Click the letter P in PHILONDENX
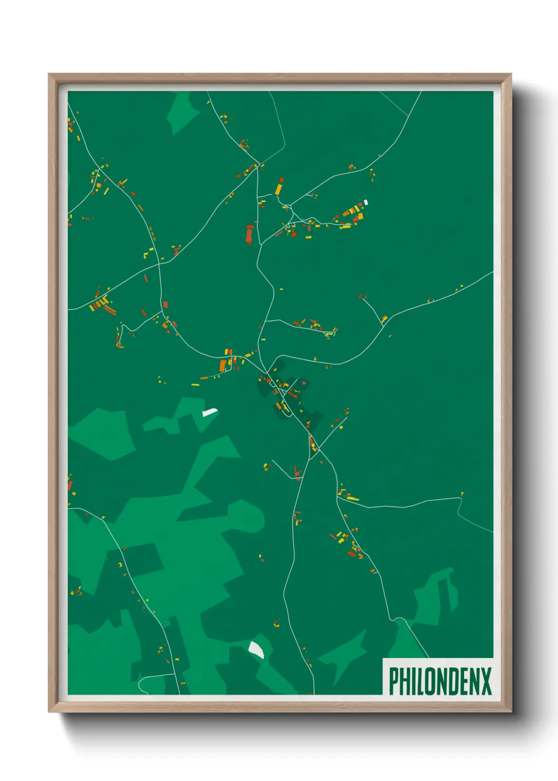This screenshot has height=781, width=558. (x=394, y=681)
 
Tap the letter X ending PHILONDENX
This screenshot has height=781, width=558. (x=486, y=681)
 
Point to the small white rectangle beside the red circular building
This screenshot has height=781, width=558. (x=366, y=202)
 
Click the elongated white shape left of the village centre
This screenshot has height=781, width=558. (x=210, y=412)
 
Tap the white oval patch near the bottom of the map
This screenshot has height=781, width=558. (x=256, y=650)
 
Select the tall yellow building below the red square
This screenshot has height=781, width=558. (x=278, y=189)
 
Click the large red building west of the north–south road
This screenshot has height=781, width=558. (x=250, y=234)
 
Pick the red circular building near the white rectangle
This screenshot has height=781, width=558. (x=361, y=204)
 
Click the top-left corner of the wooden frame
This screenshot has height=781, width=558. (x=50, y=74)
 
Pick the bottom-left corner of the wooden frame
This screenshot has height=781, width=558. (x=50, y=711)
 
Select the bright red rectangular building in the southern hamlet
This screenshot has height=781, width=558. (x=351, y=554)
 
